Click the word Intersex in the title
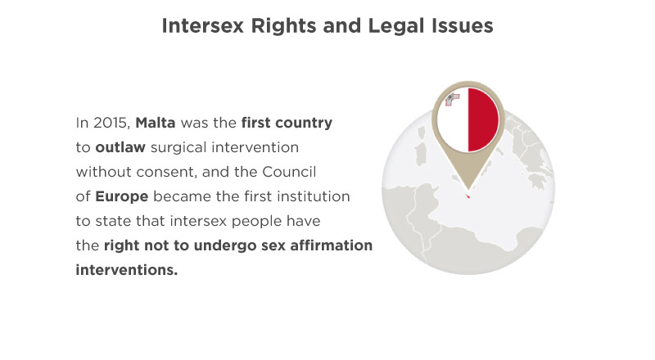(x=202, y=25)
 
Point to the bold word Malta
(x=156, y=123)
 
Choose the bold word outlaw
(x=120, y=147)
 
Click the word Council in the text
(x=289, y=172)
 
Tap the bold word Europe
(x=121, y=196)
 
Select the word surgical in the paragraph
(x=178, y=147)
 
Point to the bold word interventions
(x=127, y=270)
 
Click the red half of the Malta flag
(x=483, y=119)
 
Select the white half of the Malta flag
(x=453, y=125)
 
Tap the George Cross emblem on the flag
(x=453, y=100)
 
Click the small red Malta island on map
(x=468, y=196)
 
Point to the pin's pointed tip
(x=468, y=191)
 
